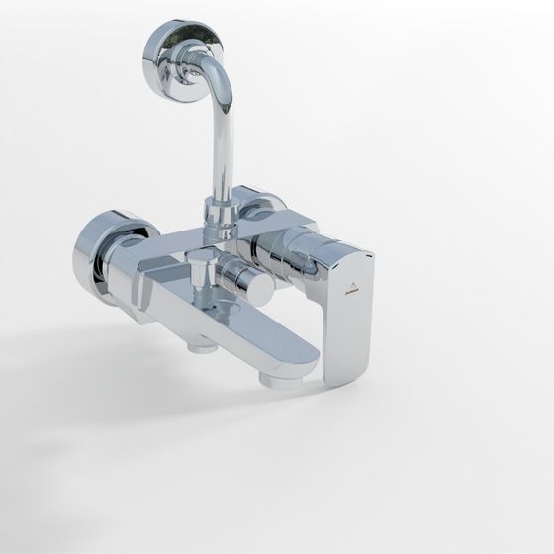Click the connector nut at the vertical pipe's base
218,212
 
